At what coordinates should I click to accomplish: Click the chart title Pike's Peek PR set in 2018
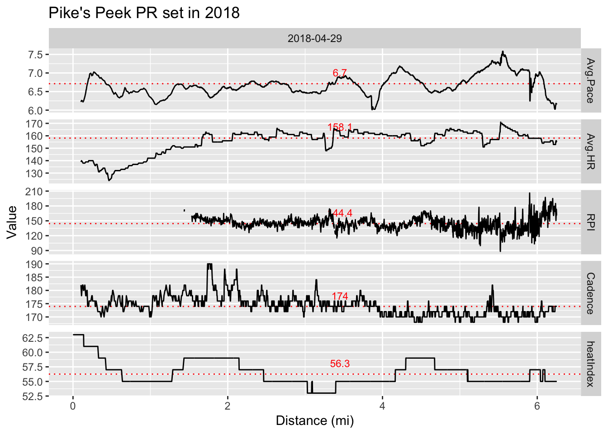tap(144, 13)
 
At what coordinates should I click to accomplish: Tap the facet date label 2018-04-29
tap(314, 38)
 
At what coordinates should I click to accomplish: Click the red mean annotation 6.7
tap(339, 73)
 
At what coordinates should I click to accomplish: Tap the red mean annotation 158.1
tap(339, 127)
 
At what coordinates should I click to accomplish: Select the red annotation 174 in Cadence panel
tap(339, 296)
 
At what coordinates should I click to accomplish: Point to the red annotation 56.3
tap(339, 363)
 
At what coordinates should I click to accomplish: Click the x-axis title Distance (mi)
tap(314, 421)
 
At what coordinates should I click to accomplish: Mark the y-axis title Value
tap(12, 222)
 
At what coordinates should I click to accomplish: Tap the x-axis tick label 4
tap(382, 406)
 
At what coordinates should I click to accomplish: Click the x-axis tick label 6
tap(537, 406)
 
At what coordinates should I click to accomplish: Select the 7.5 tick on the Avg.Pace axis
tap(35, 55)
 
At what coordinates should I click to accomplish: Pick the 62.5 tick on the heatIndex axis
tap(33, 338)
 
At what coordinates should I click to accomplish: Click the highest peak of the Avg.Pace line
tap(503, 52)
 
